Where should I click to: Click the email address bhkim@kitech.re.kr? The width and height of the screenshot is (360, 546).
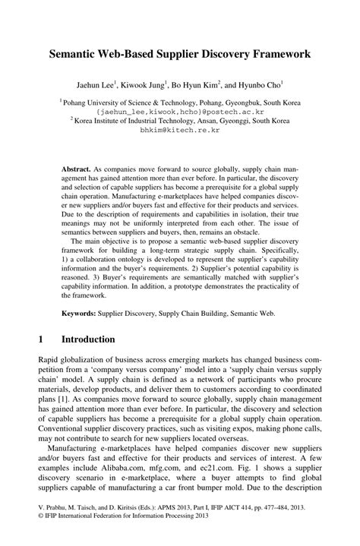(x=180, y=129)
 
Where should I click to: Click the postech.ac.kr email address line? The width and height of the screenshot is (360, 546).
(x=180, y=109)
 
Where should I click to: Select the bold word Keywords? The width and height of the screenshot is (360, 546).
(x=82, y=292)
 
